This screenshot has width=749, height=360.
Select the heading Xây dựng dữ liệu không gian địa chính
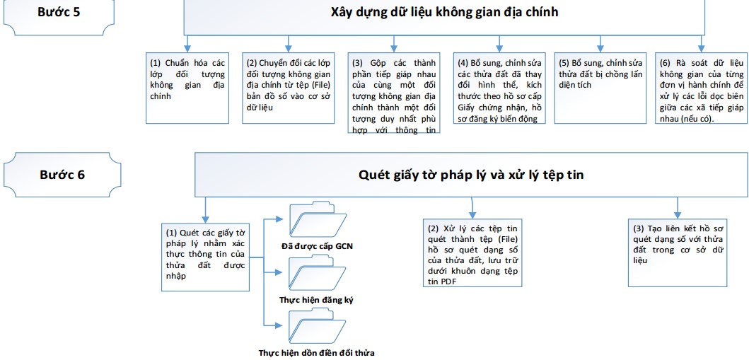coord(444,12)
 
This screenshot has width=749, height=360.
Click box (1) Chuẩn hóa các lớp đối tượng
coord(187,78)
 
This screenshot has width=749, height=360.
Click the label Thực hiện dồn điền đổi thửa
coord(316,352)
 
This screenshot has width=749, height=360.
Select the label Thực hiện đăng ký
coord(316,300)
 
